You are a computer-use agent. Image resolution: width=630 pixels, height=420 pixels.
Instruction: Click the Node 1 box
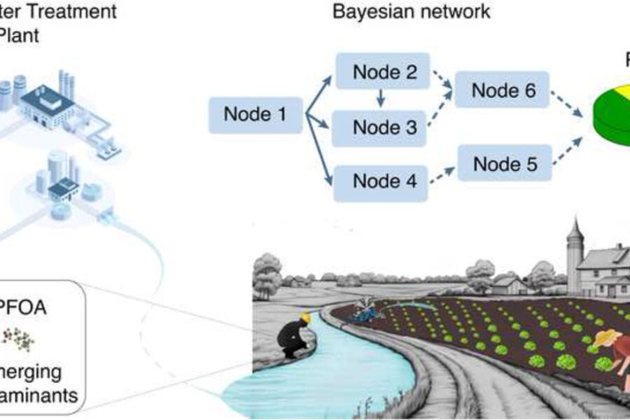tap(255, 114)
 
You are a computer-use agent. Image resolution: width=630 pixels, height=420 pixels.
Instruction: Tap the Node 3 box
tap(384, 127)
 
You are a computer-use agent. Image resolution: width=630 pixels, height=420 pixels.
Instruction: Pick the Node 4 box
tap(384, 181)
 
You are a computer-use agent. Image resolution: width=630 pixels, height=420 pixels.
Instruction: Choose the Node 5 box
tap(505, 164)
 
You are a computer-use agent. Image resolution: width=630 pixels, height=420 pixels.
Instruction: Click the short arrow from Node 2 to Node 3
tap(381, 99)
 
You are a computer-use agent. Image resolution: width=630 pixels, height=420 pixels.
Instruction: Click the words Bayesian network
tap(411, 11)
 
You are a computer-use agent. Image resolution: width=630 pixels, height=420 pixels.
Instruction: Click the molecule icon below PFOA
tap(20, 337)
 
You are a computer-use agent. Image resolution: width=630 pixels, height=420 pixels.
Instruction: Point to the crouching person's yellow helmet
tap(305, 318)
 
